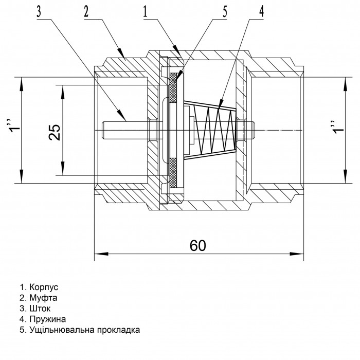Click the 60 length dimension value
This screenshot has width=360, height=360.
[197, 246]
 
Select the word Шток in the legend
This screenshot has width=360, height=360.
[39, 308]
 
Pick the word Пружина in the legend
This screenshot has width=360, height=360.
[46, 319]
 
